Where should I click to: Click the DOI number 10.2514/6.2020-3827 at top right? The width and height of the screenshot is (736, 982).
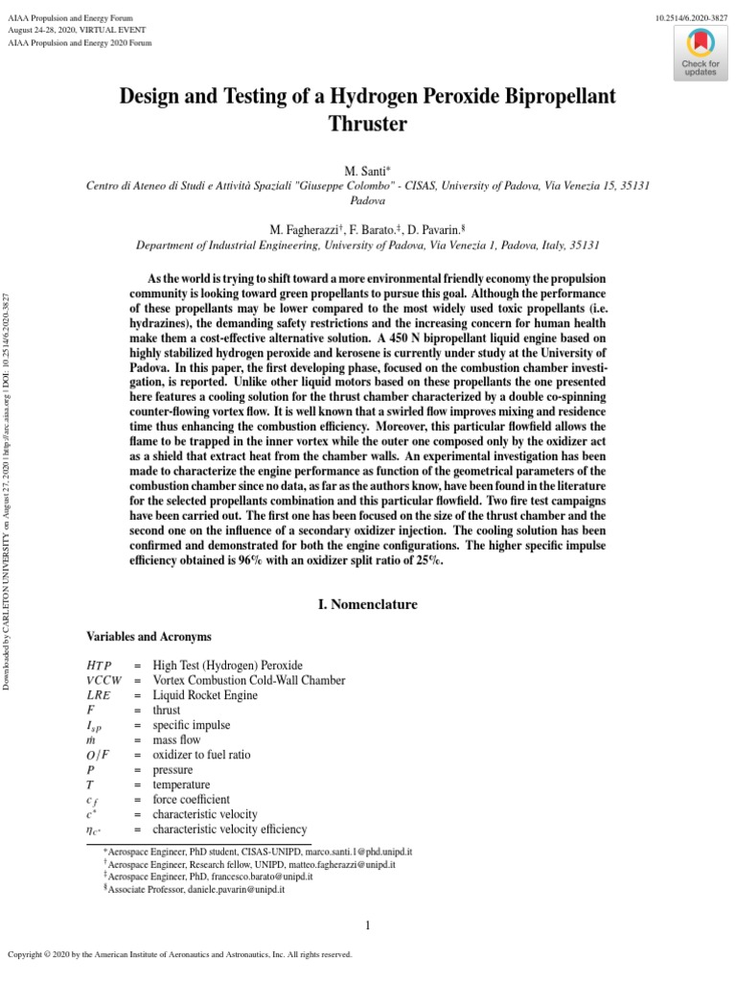pyautogui.click(x=691, y=18)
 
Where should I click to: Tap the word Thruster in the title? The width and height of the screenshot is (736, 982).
pyautogui.click(x=367, y=124)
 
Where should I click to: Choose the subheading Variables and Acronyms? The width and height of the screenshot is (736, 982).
pyautogui.click(x=149, y=637)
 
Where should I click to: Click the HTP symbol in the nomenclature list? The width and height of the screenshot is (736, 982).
pyautogui.click(x=99, y=665)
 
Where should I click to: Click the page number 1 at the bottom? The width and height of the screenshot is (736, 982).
pyautogui.click(x=368, y=925)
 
